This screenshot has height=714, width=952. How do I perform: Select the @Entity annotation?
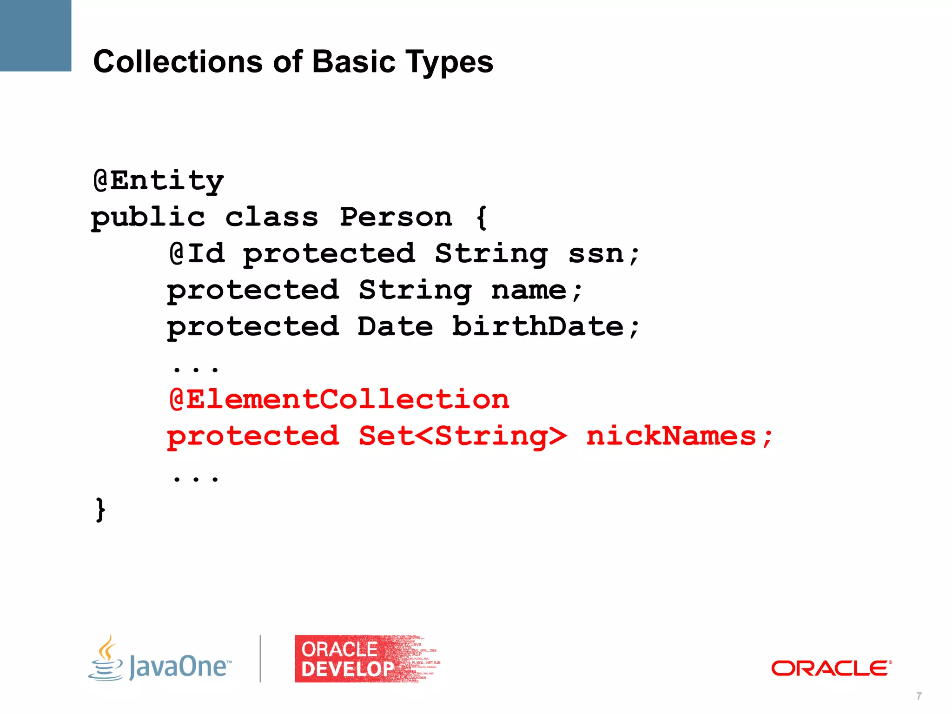(x=159, y=181)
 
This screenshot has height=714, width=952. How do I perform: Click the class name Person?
(x=396, y=217)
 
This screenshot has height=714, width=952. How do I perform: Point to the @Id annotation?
(x=197, y=254)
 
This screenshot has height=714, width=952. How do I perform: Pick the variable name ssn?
(x=596, y=254)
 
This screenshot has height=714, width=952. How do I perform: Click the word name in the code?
(x=529, y=291)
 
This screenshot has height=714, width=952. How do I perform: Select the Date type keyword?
(x=395, y=326)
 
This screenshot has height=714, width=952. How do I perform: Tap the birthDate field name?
(x=538, y=326)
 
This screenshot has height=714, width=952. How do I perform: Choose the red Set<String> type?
(x=463, y=436)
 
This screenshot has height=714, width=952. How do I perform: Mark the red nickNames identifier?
(x=671, y=436)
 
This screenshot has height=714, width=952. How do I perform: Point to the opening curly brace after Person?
(x=482, y=217)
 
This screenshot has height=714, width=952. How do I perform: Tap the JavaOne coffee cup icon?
(x=106, y=659)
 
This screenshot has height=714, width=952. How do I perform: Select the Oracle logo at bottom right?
(x=831, y=668)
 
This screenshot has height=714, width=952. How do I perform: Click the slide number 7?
(x=919, y=696)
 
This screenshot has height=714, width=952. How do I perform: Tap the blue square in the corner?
(x=35, y=35)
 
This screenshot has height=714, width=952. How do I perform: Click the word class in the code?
(x=272, y=217)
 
